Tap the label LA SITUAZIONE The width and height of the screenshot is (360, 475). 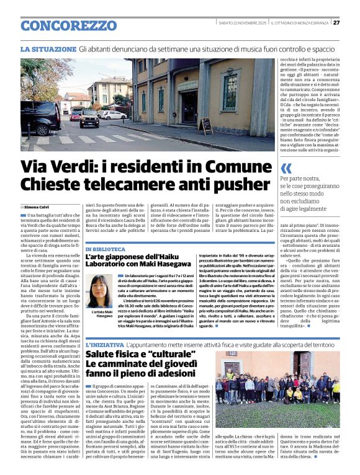48,48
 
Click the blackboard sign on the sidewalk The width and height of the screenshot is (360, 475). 205,125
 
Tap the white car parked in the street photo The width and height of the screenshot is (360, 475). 114,115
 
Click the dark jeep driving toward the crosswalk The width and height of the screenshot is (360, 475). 89,118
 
